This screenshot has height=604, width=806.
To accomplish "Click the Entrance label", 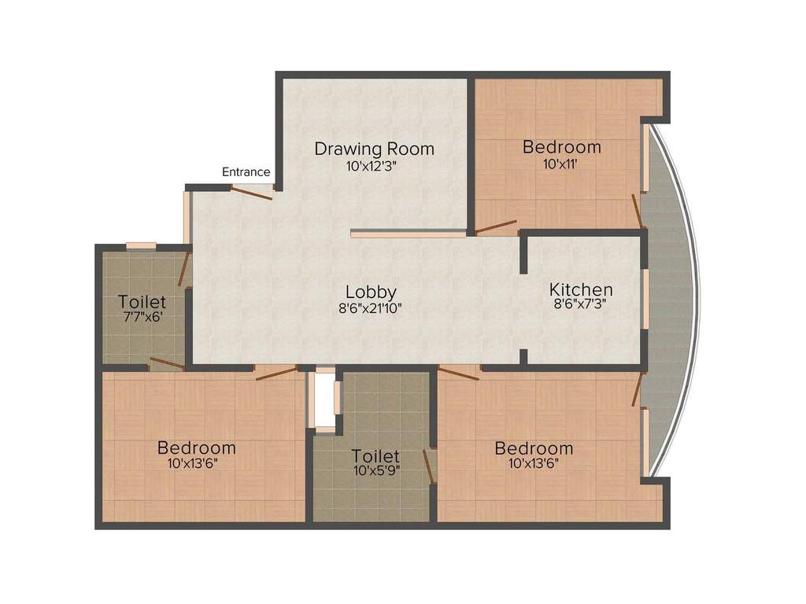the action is click(x=246, y=172).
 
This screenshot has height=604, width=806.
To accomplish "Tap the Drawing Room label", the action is click(x=374, y=149).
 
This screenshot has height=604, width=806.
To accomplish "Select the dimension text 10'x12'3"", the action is click(x=372, y=167).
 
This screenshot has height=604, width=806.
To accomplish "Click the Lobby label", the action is click(x=371, y=292).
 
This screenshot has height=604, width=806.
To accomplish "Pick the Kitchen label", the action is click(x=581, y=289).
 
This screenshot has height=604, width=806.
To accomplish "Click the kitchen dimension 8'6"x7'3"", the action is click(x=580, y=304).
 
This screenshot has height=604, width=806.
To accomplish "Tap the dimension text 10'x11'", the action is click(x=561, y=164).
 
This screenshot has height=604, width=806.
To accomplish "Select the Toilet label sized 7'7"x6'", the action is click(x=142, y=301).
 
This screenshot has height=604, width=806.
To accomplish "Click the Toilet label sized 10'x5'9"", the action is click(x=375, y=455).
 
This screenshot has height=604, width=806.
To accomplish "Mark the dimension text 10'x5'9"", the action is click(x=377, y=470).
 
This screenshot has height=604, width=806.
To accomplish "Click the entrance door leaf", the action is click(x=251, y=193).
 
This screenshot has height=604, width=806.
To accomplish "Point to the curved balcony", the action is click(x=671, y=300).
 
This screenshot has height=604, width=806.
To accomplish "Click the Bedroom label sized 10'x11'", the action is click(x=562, y=147).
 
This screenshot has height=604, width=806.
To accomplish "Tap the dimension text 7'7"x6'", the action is click(x=143, y=316).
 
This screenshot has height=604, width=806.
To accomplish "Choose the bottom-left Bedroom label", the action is click(x=196, y=447).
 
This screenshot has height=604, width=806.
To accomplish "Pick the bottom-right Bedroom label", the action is click(x=534, y=448).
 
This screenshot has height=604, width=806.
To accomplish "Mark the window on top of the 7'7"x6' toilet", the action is click(x=142, y=245).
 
